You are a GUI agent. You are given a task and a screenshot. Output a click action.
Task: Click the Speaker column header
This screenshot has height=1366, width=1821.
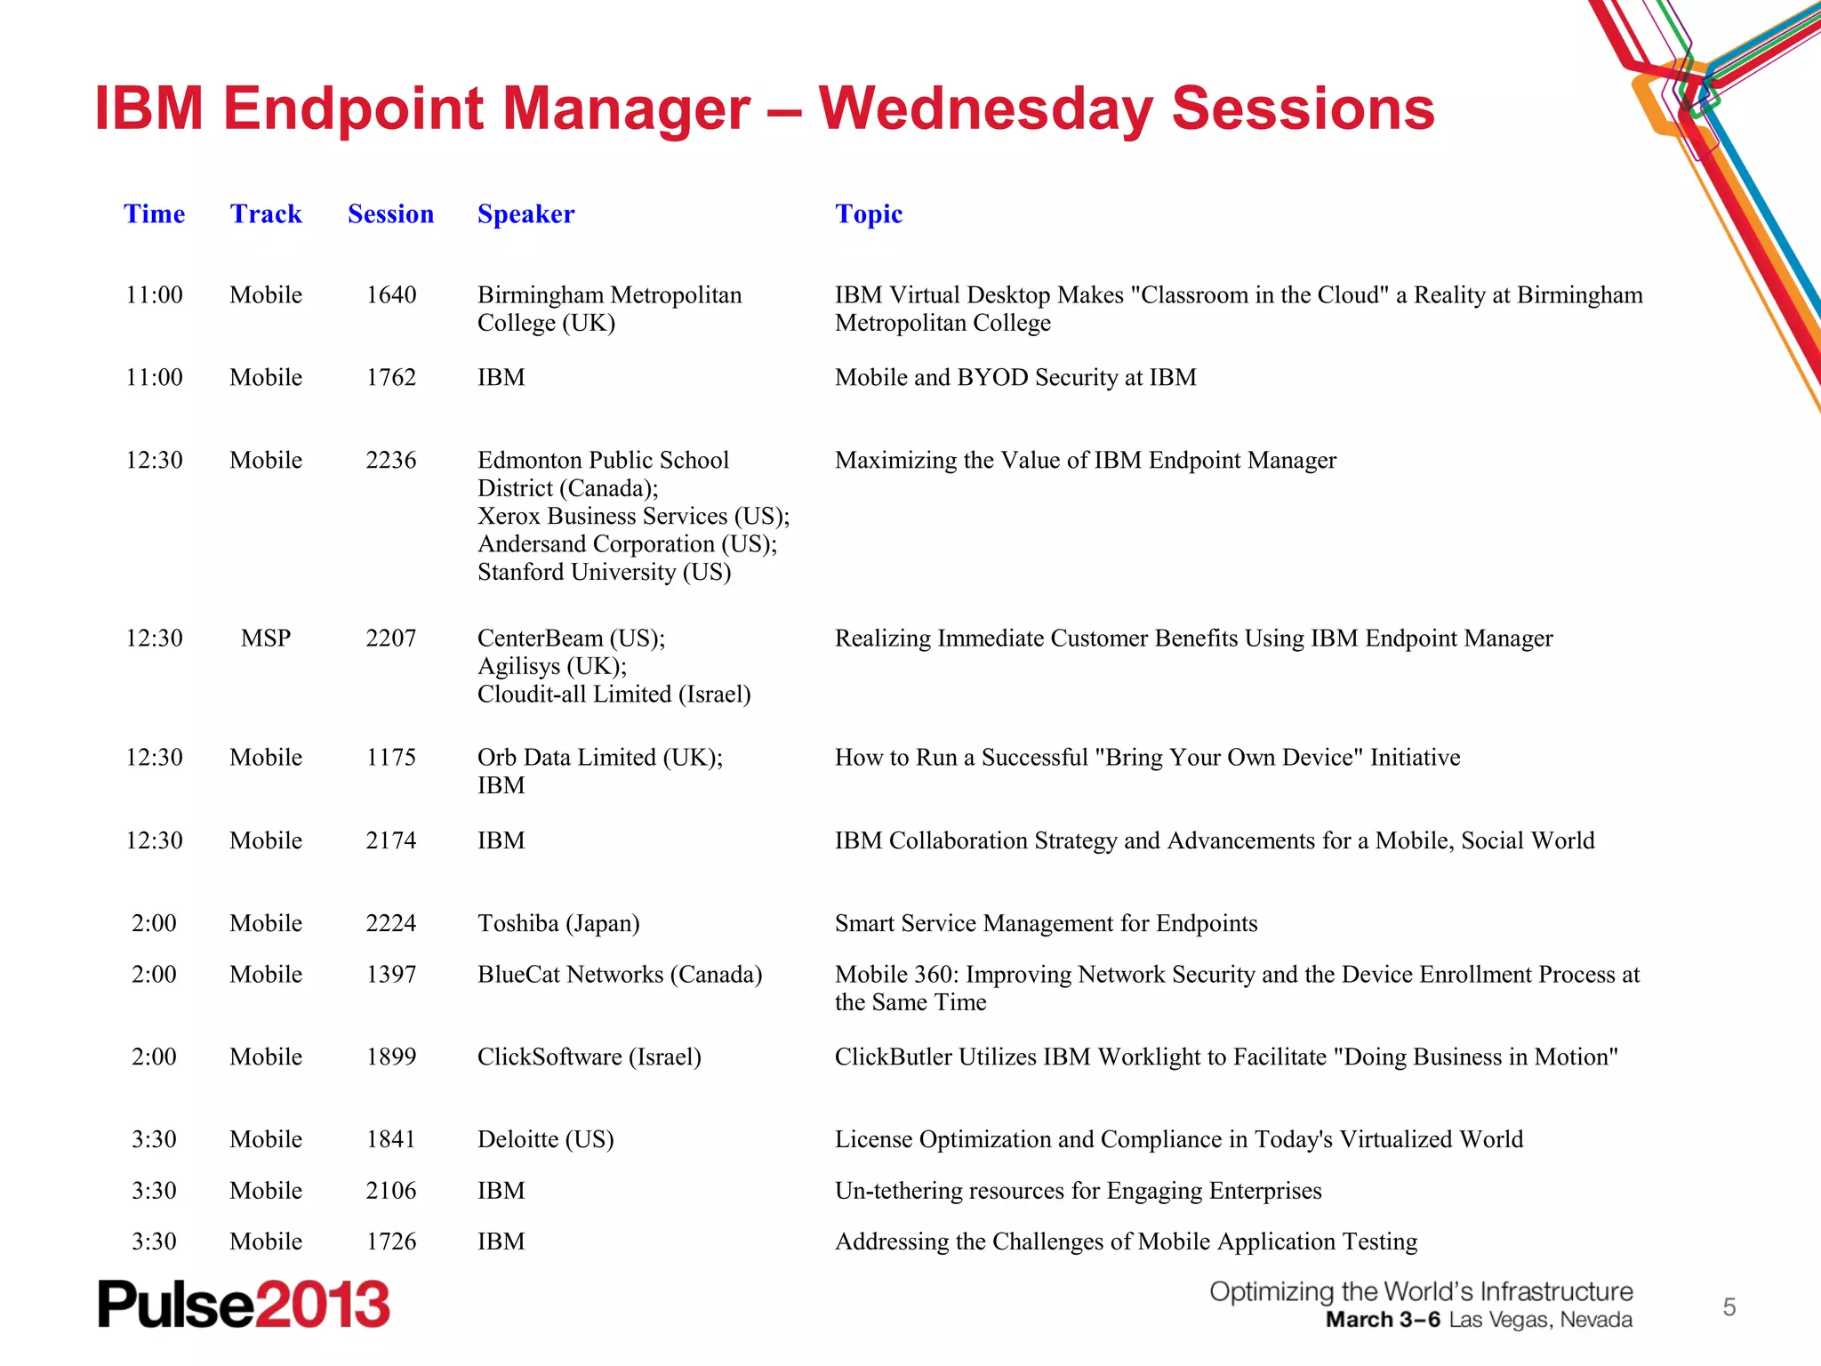(x=525, y=214)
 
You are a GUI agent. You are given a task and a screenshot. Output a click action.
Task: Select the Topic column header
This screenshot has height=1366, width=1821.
(x=868, y=214)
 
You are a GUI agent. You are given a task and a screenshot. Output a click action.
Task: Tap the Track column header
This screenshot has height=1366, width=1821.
(x=266, y=214)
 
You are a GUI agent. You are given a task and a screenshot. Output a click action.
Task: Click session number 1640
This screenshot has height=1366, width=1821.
(x=391, y=295)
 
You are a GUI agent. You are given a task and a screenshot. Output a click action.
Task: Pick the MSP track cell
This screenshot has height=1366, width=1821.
(x=266, y=639)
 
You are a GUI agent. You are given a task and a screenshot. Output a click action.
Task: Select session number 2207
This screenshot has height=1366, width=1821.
(x=391, y=639)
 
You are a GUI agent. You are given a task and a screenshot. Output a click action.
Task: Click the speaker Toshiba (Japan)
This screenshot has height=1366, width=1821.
(x=558, y=924)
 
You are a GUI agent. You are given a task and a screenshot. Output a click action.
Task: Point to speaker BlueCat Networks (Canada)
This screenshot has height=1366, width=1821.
(x=620, y=975)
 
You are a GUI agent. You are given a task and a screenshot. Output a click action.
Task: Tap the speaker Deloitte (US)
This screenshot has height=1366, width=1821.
(x=545, y=1140)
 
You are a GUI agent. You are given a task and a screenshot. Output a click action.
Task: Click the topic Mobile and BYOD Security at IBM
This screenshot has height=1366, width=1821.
(x=1015, y=378)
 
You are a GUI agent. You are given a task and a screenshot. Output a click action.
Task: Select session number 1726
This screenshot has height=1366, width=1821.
(x=391, y=1241)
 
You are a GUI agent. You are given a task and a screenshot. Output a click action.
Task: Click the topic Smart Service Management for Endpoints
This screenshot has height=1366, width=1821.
(x=1046, y=924)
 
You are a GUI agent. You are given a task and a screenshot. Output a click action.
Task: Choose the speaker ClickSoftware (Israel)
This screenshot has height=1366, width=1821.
(x=589, y=1057)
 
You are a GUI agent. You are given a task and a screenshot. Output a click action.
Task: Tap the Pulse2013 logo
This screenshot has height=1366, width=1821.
(x=244, y=1305)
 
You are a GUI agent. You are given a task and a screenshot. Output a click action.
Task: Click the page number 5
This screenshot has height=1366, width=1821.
(x=1729, y=1307)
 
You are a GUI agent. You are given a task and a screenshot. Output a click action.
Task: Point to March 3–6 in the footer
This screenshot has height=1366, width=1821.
(x=1382, y=1320)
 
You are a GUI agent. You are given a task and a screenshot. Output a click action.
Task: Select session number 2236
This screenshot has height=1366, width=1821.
(x=391, y=461)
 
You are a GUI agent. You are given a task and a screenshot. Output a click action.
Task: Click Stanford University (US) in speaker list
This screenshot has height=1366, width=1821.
(x=604, y=572)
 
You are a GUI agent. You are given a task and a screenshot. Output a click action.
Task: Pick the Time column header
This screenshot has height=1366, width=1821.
(x=154, y=214)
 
